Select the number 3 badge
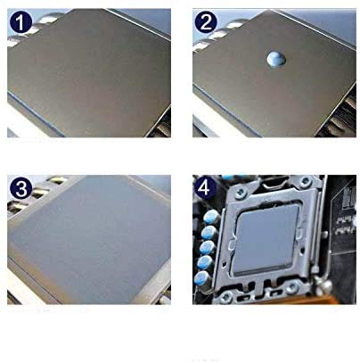(20, 187)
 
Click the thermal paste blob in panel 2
(276, 60)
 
